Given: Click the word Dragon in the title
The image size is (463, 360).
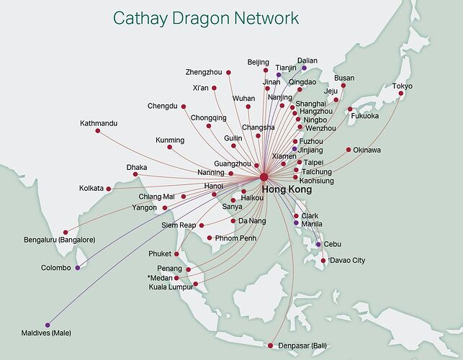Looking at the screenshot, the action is click(x=200, y=18).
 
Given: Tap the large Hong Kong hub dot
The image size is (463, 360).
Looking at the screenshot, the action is click(x=264, y=177).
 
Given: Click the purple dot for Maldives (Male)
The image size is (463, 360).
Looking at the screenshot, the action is click(x=48, y=325).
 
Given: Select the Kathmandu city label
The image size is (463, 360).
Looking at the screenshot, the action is click(x=99, y=123).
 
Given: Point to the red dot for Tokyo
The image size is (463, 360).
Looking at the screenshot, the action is click(x=400, y=94).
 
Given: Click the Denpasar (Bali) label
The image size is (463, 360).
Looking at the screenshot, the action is click(x=302, y=346).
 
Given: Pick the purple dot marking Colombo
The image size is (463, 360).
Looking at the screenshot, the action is click(x=77, y=268).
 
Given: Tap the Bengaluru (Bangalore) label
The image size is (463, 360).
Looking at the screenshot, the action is click(x=60, y=240).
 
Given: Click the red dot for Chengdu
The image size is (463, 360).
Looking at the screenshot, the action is click(x=184, y=107).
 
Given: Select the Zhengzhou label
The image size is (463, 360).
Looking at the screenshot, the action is click(x=204, y=72).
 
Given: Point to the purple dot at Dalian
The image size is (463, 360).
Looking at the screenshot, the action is click(x=304, y=68).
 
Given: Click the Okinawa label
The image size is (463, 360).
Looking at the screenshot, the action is click(x=367, y=150).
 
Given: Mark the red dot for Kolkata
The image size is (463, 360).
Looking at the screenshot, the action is click(x=108, y=189).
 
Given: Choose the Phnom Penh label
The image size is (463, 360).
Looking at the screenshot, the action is click(x=235, y=238).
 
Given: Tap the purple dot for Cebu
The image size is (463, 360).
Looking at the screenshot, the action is click(x=318, y=244).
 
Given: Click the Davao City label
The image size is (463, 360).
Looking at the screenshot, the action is click(x=347, y=260).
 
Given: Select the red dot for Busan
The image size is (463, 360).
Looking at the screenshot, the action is click(x=343, y=86).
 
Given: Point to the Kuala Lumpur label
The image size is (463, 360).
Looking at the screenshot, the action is click(x=171, y=287).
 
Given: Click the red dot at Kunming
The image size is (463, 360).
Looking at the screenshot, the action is click(x=169, y=147).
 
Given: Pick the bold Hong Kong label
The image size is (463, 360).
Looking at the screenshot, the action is click(x=287, y=189).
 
